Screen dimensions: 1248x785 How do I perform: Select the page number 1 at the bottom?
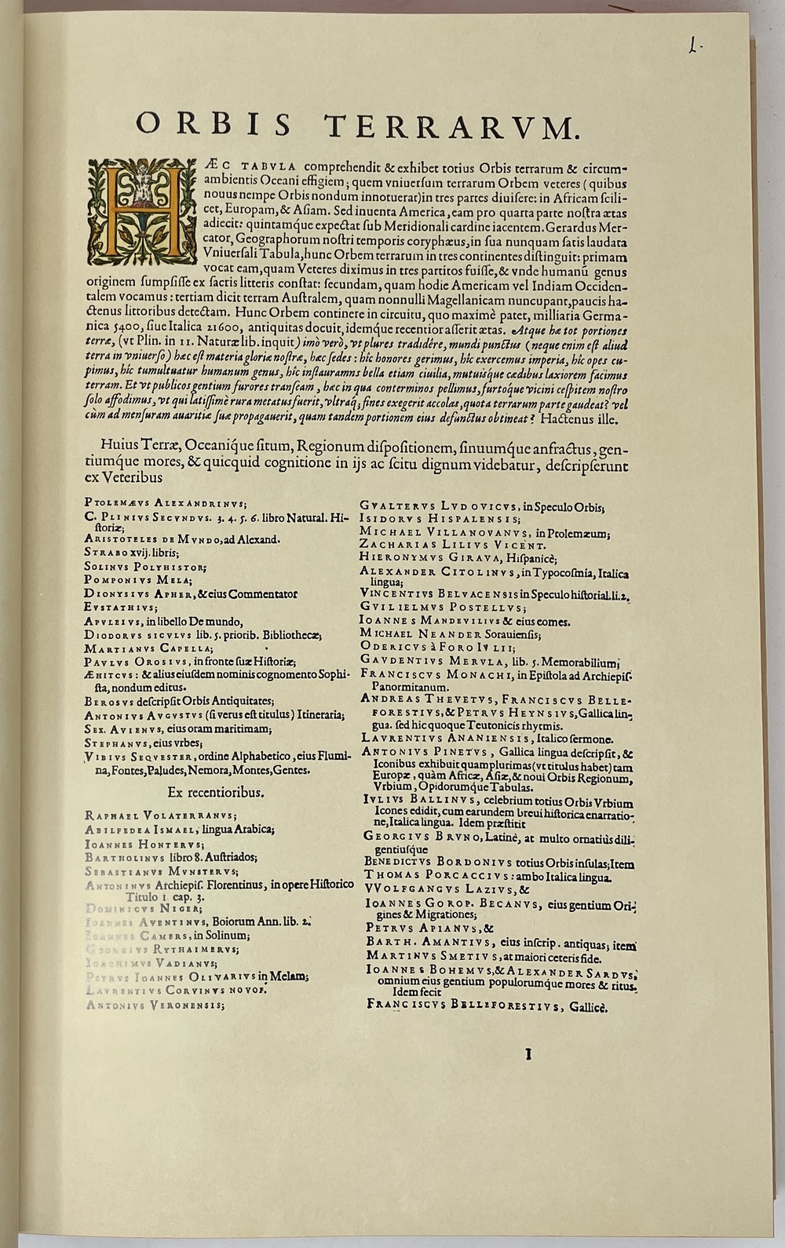point(528,1054)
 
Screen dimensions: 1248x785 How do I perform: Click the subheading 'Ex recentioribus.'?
point(215,793)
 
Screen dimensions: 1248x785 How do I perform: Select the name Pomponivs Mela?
point(137,579)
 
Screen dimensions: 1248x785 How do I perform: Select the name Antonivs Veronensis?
point(154,1005)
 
